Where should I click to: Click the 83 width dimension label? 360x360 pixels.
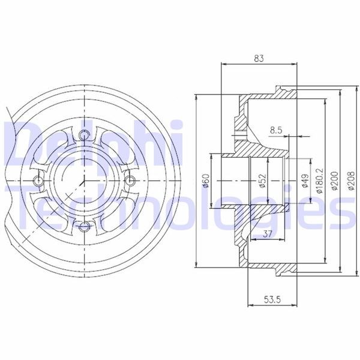coord(259,59)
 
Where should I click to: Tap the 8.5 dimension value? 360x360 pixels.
coord(276,130)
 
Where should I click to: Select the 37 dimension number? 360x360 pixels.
coord(268,234)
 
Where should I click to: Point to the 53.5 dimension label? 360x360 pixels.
coord(272,299)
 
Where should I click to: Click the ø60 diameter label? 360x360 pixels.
coord(206,181)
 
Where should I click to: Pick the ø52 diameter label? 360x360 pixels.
coord(262,181)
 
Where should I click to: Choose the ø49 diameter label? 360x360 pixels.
coord(305,181)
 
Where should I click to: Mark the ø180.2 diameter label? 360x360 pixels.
coord(320,180)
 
